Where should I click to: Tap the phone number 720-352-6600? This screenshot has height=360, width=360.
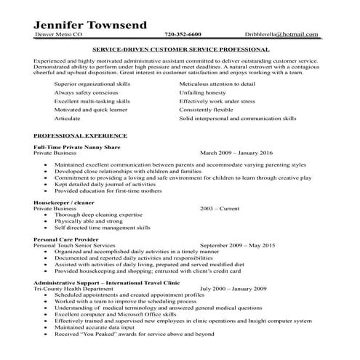pos(183,34)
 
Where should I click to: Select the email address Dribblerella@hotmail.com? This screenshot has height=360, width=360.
pos(281,34)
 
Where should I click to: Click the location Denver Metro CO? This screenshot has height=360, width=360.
pos(59,34)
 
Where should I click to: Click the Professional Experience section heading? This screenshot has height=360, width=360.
pos(80,136)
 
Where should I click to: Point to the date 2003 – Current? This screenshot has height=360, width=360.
pos(219,208)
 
